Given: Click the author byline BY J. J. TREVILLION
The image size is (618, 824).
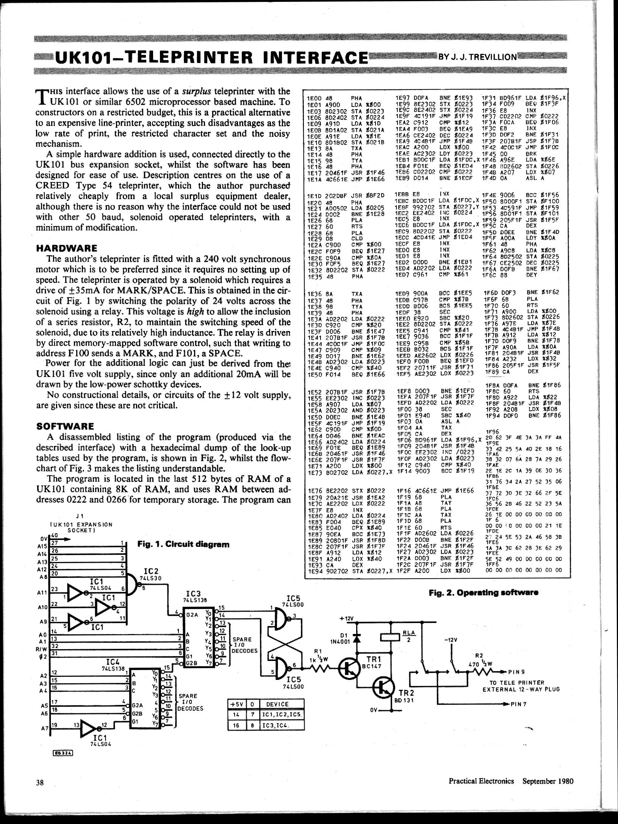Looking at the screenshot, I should [x=477, y=57].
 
